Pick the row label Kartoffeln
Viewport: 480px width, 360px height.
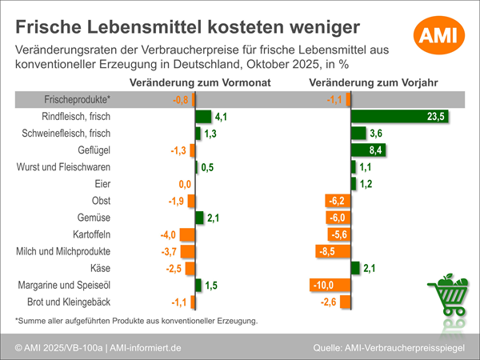tap(87, 234)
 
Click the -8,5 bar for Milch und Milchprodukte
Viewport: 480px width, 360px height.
tap(334, 250)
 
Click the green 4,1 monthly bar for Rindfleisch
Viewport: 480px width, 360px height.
tap(203, 117)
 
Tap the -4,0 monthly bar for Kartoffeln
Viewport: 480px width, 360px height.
tap(187, 234)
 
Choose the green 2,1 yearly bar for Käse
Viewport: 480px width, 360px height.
tap(356, 267)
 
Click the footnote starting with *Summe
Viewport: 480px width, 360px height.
tap(136, 321)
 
